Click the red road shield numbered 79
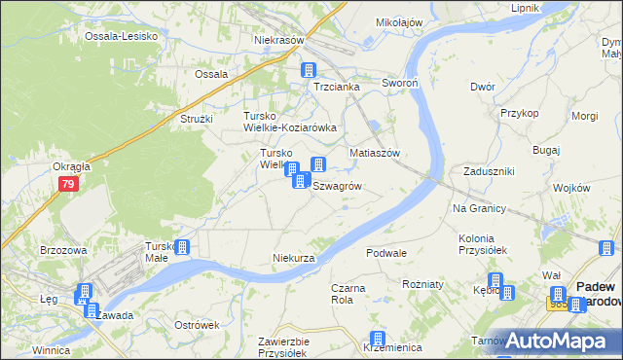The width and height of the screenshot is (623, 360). pos(67,184)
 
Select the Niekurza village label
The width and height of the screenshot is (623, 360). pos(293,258)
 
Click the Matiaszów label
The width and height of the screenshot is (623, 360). pos(376,154)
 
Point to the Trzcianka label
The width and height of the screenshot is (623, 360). pos(337,87)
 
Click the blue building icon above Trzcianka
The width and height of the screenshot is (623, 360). pos(309,70)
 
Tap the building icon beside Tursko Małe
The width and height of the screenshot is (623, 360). pos(181,249)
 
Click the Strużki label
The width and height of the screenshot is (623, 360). pos(200,119)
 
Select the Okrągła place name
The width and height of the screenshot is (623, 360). pos(72,166)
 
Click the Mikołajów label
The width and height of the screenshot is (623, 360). pos(399,21)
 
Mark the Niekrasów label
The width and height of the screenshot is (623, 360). pos(279,41)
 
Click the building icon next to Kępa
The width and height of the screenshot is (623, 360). pos(495,283)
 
